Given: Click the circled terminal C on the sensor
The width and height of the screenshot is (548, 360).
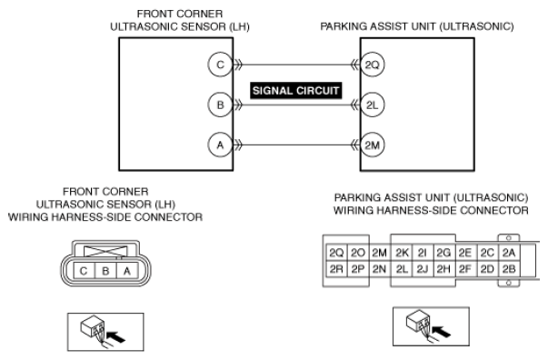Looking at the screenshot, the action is point(220,65).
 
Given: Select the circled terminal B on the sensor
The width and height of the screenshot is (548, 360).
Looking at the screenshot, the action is point(220,105).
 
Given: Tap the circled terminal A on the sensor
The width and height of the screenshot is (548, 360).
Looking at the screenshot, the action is point(220,145).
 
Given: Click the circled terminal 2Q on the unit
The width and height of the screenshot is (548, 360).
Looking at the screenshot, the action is point(373,65).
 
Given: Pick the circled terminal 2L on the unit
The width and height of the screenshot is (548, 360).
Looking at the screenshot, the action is point(373,105).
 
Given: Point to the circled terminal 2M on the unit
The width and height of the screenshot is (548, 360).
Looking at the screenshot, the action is point(373,145).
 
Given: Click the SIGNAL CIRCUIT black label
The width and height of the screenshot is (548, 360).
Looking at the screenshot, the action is point(295,91).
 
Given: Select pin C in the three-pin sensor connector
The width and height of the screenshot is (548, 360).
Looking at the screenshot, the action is point(85,271).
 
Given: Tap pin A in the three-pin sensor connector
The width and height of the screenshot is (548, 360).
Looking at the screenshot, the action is point(127,271).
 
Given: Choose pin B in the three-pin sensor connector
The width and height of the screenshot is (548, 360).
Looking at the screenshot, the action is point(105,271).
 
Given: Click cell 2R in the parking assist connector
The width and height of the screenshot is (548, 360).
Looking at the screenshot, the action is point(336,269).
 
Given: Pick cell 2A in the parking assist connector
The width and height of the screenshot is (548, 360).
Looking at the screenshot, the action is point(509,253).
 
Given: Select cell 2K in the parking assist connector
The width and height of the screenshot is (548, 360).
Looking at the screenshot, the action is point(402,253).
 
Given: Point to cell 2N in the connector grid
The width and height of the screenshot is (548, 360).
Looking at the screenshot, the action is point(380,269).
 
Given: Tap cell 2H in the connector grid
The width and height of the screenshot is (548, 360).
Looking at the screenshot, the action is point(443,269).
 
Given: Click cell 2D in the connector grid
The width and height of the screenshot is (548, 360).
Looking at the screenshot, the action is point(487,269).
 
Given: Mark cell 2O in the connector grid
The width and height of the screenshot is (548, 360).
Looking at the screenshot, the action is point(358,253).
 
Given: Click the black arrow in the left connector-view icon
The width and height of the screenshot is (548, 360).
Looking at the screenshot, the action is point(115,337).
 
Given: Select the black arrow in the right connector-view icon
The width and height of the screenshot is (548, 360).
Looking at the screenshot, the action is point(441,331).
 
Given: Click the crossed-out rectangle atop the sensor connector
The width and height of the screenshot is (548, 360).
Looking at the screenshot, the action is point(105,251).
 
